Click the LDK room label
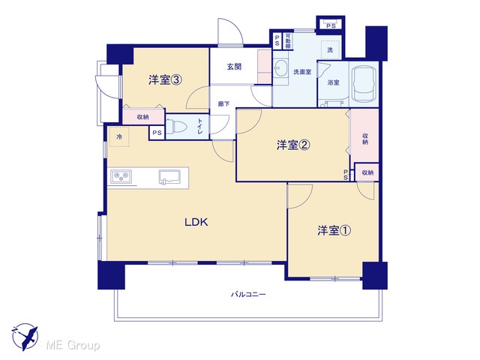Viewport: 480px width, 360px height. (196, 222)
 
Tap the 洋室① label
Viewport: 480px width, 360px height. (334, 230)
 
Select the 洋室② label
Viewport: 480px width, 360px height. (293, 145)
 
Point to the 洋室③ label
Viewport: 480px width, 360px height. (165, 80)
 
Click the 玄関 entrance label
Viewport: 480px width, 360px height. (234, 67)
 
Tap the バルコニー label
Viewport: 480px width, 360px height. (248, 295)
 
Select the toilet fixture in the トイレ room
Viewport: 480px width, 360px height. (180, 127)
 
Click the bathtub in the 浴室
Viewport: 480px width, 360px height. (364, 84)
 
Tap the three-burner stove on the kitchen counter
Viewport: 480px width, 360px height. (121, 176)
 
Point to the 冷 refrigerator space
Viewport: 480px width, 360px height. (119, 136)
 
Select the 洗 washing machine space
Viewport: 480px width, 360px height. (330, 49)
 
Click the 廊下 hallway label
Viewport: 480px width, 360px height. (223, 104)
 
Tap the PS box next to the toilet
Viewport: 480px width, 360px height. (157, 133)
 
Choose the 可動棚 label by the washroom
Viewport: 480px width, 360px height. (288, 41)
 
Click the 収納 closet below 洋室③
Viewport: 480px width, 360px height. (143, 117)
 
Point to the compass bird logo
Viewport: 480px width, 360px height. (25, 337)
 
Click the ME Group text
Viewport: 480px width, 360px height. (73, 345)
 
